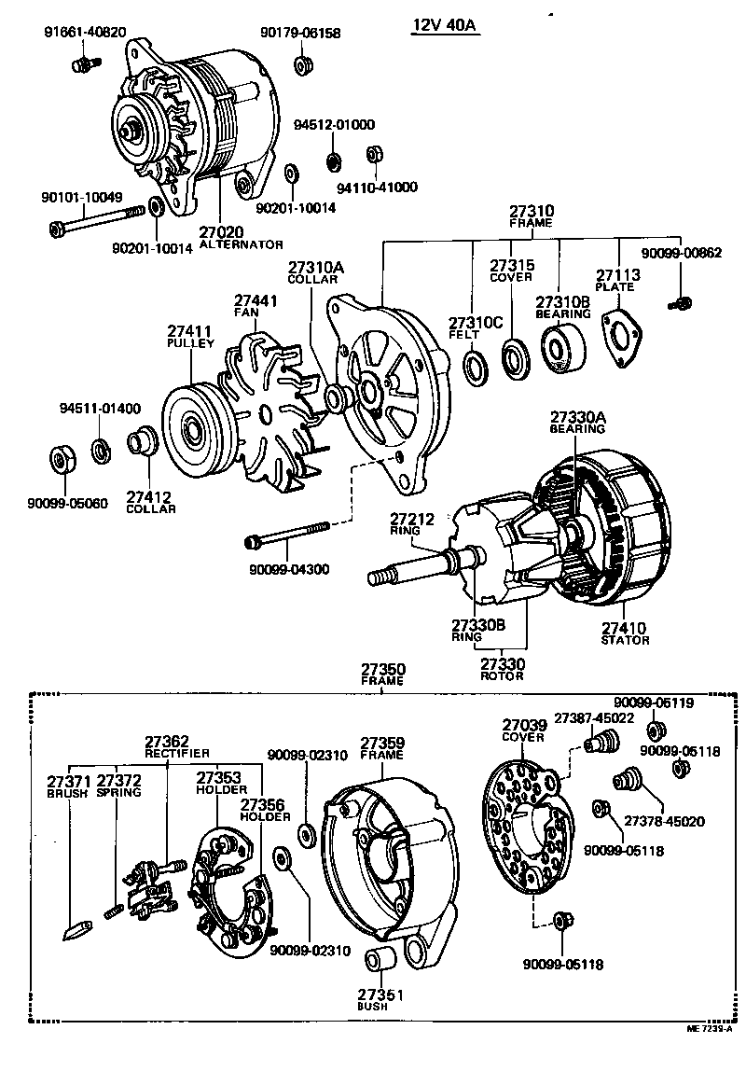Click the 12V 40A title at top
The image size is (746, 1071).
446,25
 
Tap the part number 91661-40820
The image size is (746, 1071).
86,33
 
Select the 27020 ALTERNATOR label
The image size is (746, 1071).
241,237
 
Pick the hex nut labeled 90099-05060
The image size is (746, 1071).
62,459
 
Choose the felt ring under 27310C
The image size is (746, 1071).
476,366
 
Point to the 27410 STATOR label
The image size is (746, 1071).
625,633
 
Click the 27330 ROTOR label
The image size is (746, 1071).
504,668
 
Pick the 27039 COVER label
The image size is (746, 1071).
523,730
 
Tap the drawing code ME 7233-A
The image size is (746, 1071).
711,1055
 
